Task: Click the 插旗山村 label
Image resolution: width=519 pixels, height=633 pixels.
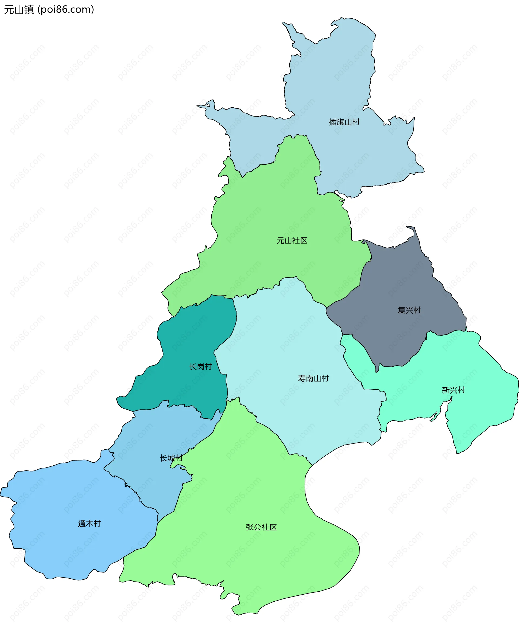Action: click(344, 122)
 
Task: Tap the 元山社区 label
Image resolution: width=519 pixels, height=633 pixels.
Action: click(292, 241)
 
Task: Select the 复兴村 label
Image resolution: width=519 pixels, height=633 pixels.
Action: click(409, 310)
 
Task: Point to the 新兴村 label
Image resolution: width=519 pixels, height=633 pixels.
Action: click(453, 390)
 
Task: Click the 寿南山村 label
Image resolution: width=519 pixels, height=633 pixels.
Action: click(313, 378)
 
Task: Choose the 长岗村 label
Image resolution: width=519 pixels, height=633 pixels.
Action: click(201, 366)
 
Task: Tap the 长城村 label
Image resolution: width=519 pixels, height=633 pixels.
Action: click(171, 458)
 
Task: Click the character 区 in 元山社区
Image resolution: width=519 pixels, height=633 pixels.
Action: click(304, 241)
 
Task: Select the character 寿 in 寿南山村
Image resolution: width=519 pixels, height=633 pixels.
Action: click(302, 378)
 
